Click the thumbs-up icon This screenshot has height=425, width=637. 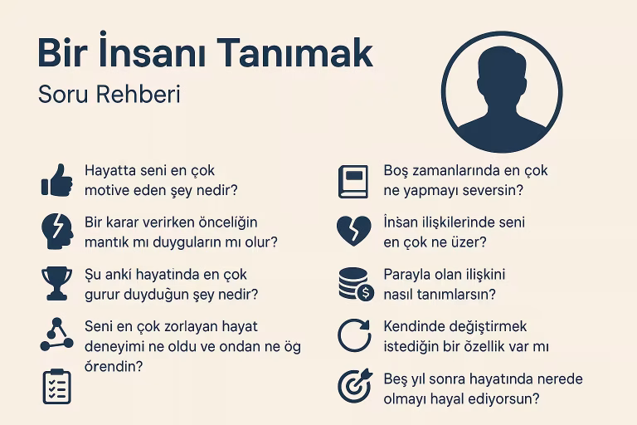click(56, 180)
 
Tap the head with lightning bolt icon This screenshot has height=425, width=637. click(56, 232)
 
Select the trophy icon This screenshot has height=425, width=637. click(56, 282)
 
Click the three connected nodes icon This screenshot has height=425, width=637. click(56, 334)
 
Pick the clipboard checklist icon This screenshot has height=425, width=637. click(56, 386)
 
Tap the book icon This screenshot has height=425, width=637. click(353, 181)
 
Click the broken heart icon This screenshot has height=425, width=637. click(353, 232)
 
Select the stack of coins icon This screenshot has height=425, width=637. click(353, 283)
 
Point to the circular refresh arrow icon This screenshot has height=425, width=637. click(353, 335)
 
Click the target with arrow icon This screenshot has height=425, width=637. click(353, 386)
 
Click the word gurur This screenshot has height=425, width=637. click(102, 294)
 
